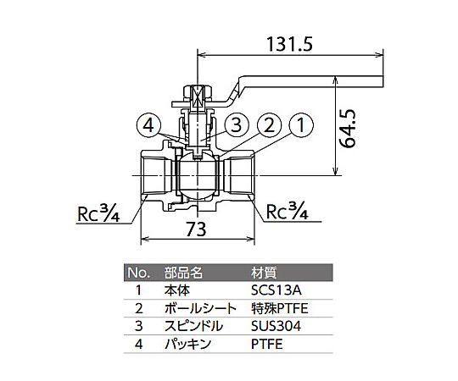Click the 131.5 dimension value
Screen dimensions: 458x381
coord(289,45)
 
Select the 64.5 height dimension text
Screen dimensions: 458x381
coord(348,128)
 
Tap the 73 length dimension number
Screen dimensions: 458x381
coord(196,229)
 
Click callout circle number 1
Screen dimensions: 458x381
coord(301,125)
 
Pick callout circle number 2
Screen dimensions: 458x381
coord(269,125)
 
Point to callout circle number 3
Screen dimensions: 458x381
coord(237,125)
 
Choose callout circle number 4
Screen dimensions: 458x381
coord(148,126)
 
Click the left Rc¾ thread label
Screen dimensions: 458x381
coord(98,213)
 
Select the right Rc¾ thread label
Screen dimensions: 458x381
coord(288,211)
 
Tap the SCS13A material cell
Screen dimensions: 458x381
coord(276,290)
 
